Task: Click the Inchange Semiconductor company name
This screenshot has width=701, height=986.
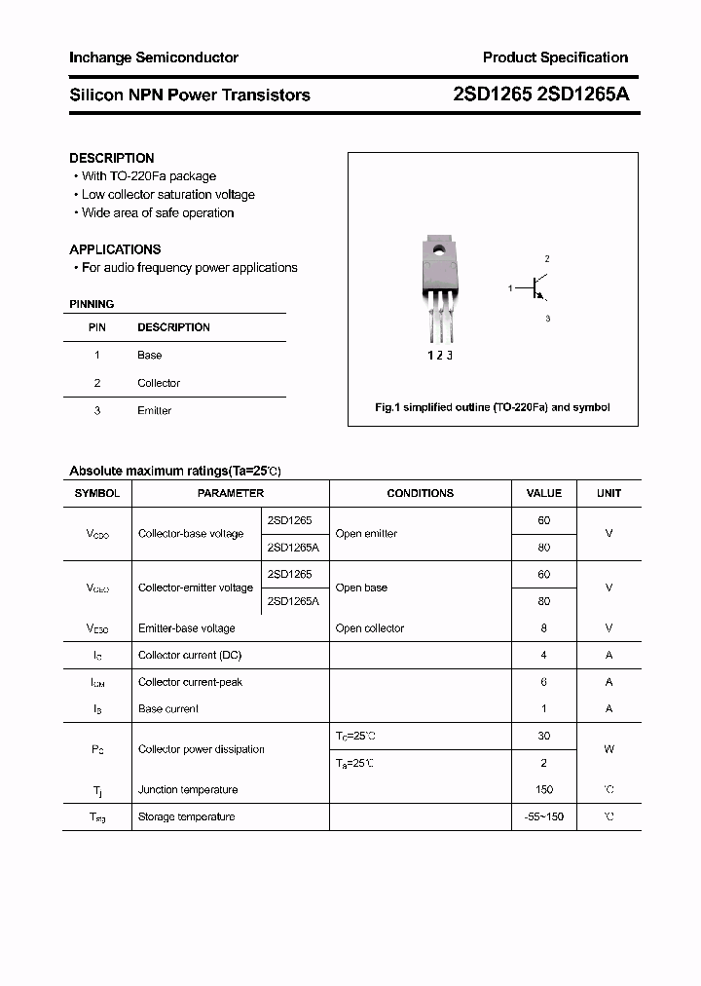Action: pos(153,57)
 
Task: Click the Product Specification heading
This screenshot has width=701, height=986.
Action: pos(555,57)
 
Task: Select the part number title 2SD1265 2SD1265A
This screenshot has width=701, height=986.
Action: pos(541,95)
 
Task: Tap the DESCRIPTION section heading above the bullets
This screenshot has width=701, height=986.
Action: pos(112,158)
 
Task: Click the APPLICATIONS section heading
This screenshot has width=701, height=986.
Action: pos(115,249)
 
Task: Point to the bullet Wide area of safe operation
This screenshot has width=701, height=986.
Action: pos(157,212)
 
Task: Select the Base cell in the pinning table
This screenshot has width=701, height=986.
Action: pos(150,356)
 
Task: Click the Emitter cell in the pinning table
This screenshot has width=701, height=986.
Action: pos(154,410)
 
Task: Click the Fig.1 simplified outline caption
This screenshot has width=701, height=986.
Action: pos(493,407)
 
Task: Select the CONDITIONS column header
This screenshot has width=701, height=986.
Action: pos(420,493)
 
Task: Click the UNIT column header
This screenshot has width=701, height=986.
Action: pos(609,493)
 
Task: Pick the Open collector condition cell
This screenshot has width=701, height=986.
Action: pos(369,628)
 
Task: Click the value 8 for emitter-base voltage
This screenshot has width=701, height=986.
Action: pos(543,628)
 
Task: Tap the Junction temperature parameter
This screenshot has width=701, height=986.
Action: pos(188,789)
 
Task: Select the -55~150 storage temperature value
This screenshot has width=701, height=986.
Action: pos(543,816)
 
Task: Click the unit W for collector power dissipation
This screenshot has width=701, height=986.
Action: pos(609,749)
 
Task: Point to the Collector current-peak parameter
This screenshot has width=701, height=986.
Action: pos(190,682)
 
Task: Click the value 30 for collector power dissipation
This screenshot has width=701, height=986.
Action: pos(543,736)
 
